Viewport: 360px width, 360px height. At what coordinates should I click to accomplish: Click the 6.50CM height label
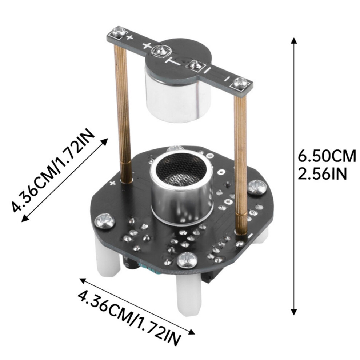click(327, 156)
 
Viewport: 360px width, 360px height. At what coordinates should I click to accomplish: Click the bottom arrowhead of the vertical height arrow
click(294, 311)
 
